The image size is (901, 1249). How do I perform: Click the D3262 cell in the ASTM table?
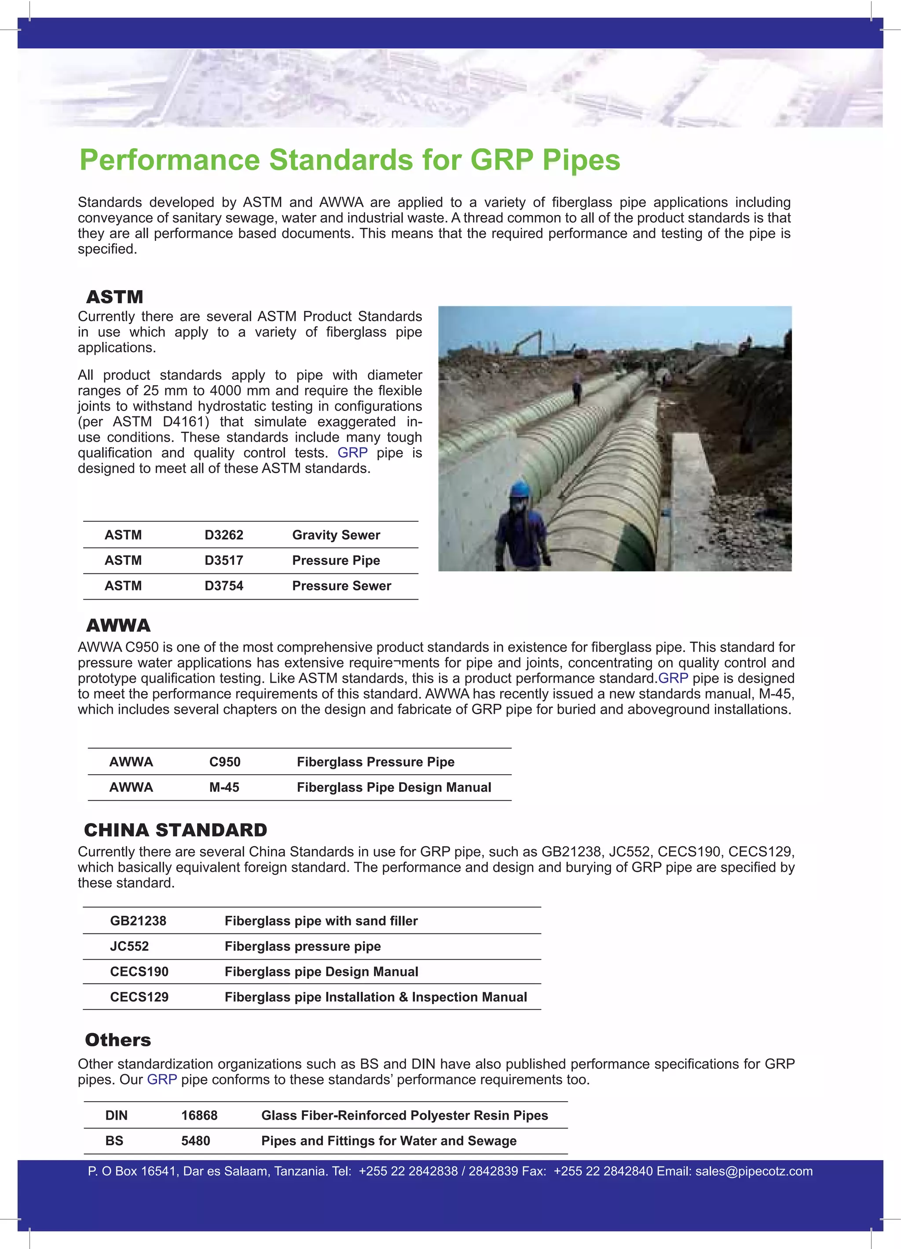pos(224,535)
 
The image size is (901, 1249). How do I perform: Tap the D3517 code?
pos(224,560)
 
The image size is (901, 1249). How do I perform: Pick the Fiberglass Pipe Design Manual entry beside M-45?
pos(393,787)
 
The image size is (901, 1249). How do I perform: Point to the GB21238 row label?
pos(138,921)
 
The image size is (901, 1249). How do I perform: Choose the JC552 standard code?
pos(129,946)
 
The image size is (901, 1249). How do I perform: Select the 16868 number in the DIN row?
pos(199,1115)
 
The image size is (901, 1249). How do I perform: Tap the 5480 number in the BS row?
pos(196,1140)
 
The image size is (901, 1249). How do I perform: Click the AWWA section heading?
pos(118,626)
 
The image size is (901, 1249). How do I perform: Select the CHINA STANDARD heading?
pos(175,830)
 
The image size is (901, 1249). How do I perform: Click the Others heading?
pos(118,1040)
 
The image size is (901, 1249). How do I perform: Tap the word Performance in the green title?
pos(169,160)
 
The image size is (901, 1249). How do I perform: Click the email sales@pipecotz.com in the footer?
pos(753,1171)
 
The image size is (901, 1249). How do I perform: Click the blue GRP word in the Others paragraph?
pos(161,1079)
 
